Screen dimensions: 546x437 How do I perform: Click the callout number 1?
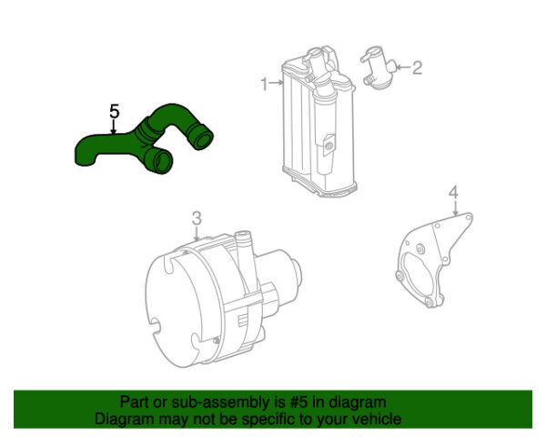tap(265, 84)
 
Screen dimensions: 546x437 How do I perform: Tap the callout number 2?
tap(417, 67)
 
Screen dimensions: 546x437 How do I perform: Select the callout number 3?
tap(197, 218)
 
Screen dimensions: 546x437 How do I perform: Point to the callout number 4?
tap(453, 193)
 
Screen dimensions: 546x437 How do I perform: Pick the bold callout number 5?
tap(115, 111)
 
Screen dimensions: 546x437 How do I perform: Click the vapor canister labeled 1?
tap(318, 122)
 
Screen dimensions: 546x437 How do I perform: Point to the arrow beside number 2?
tap(403, 66)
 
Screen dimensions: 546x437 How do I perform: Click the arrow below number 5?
tap(113, 127)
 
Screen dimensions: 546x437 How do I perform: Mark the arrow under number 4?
tap(455, 208)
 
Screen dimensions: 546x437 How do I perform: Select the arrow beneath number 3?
tap(197, 234)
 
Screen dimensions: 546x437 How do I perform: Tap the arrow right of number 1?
tap(277, 83)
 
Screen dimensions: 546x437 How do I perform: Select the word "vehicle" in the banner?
tap(379, 419)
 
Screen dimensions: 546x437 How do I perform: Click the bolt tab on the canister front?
tap(329, 146)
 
